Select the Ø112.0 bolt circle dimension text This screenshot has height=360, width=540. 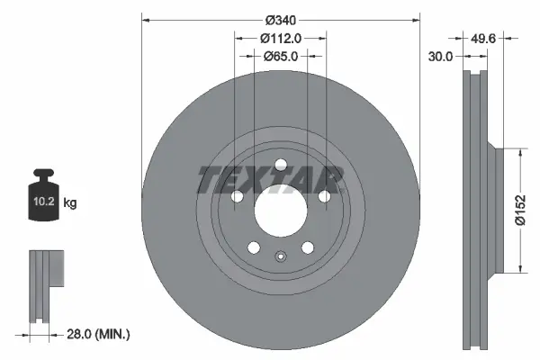(x=280, y=38)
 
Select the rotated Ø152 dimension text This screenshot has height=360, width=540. (x=520, y=210)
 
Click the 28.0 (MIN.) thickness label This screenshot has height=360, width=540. (x=100, y=334)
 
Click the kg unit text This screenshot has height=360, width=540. (x=70, y=204)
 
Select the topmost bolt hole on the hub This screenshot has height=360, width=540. (x=280, y=164)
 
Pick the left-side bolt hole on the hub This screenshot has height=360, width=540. (x=237, y=196)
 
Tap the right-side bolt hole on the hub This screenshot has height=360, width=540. (x=324, y=196)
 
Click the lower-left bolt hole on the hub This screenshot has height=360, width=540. (x=254, y=247)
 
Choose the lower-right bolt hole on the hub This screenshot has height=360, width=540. (x=308, y=247)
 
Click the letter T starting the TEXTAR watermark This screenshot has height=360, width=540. (x=207, y=180)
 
